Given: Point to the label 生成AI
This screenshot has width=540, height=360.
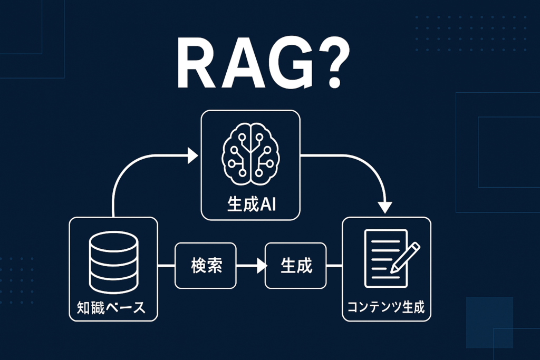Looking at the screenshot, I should [x=251, y=204].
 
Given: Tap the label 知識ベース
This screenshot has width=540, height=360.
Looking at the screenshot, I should [x=113, y=307].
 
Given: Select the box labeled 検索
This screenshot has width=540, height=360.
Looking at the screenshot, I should [x=206, y=266].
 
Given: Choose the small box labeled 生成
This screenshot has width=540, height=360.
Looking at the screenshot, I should [x=296, y=266].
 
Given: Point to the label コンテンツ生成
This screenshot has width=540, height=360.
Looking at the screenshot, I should [x=386, y=307].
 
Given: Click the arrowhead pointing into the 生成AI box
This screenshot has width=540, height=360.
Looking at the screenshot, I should [x=192, y=155].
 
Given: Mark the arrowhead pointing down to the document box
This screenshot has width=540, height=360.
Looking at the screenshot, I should [x=387, y=206].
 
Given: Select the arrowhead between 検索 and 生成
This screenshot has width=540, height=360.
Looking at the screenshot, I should [x=261, y=266].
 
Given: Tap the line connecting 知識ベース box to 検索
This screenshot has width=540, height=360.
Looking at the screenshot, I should [x=166, y=266].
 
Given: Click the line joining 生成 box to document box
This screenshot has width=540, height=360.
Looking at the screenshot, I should [x=334, y=266].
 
